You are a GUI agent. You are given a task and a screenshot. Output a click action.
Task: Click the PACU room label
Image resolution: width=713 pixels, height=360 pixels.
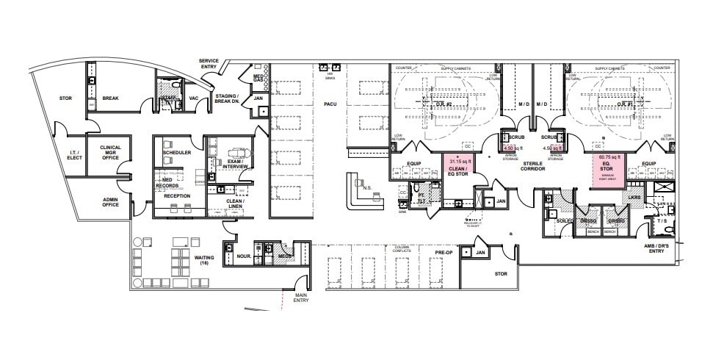(x=330, y=104)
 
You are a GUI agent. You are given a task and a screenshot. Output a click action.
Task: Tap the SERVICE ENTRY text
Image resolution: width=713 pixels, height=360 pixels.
(x=209, y=64)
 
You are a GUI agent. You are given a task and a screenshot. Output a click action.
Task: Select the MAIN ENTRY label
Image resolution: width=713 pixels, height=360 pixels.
(x=302, y=298)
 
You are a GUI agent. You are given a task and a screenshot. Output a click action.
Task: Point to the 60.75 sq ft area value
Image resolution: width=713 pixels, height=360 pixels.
(x=609, y=157)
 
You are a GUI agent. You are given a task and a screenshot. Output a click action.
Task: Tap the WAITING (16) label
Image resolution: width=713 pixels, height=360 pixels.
(x=204, y=260)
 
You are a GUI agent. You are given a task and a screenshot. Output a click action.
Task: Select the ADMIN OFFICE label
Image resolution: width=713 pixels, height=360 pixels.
(x=111, y=201)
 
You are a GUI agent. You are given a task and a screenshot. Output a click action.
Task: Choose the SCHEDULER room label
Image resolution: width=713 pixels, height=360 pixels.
(x=177, y=152)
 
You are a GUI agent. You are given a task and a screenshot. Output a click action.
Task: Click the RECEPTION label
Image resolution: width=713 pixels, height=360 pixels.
(x=177, y=196)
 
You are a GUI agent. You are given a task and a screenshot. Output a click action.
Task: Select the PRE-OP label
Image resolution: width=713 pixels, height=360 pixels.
(x=444, y=252)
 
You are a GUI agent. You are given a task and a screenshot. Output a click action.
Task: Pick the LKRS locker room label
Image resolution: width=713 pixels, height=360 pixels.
(x=634, y=198)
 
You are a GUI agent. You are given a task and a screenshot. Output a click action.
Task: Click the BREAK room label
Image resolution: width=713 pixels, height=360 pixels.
(x=111, y=98)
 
